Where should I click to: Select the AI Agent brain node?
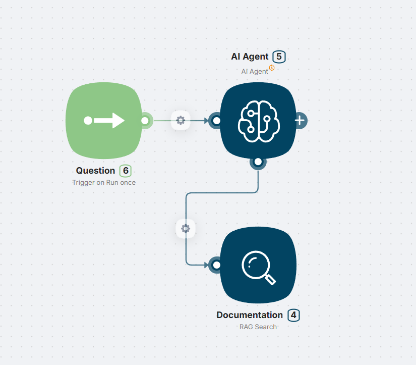pyautogui.click(x=258, y=121)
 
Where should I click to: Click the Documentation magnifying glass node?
pyautogui.click(x=258, y=265)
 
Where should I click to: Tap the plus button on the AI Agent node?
pyautogui.click(x=300, y=121)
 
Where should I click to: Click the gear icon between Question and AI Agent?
pyautogui.click(x=181, y=121)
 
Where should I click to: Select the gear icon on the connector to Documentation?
pyautogui.click(x=186, y=229)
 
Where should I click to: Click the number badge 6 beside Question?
pyautogui.click(x=125, y=171)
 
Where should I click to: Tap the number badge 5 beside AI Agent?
pyautogui.click(x=279, y=57)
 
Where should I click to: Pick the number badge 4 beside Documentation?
pyautogui.click(x=294, y=315)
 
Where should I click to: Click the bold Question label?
pyautogui.click(x=95, y=171)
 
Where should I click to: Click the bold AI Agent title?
pyautogui.click(x=250, y=57)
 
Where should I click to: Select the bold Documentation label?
pyautogui.click(x=250, y=315)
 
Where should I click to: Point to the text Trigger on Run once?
pyautogui.click(x=104, y=182)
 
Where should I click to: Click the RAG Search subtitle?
pyautogui.click(x=258, y=327)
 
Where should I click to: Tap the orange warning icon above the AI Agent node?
pyautogui.click(x=272, y=68)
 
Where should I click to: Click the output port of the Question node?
pyautogui.click(x=145, y=121)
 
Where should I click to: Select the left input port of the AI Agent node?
pyautogui.click(x=216, y=121)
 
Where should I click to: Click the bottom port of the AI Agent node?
pyautogui.click(x=258, y=162)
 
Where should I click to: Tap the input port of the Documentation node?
pyautogui.click(x=216, y=265)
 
